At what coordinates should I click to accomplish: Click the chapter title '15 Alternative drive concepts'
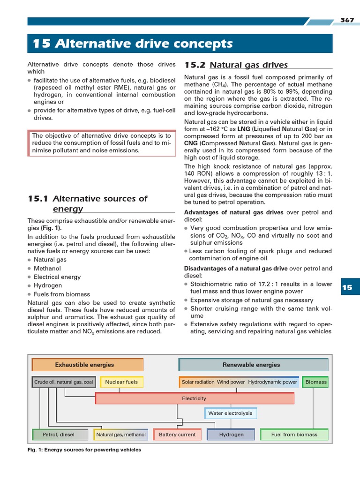pos(133,44)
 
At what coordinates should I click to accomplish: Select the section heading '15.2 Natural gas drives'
pos(236,65)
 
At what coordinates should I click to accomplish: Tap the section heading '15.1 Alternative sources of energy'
pos(88,203)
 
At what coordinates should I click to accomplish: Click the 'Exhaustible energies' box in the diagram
pos(88,365)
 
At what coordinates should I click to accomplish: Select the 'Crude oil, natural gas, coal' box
pos(63,382)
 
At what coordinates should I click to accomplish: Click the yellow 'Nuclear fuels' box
pos(121,382)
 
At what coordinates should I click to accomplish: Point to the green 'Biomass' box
pos(315,382)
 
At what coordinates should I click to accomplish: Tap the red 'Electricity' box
pos(194,398)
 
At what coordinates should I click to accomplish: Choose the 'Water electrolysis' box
pos(230,413)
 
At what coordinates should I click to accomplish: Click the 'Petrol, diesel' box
pos(59,435)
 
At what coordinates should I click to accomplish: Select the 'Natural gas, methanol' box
pos(121,435)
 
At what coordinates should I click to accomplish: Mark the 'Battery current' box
pos(177,435)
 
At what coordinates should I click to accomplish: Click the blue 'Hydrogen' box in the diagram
pos(231,435)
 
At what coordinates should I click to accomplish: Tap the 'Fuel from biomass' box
pos(294,435)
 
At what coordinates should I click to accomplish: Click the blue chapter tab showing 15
pos(346,287)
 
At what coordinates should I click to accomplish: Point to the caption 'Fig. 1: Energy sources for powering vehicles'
pos(84,450)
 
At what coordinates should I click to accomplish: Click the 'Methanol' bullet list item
pos(47,268)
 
